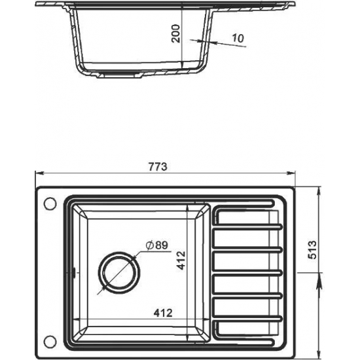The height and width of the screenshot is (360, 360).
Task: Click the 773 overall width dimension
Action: pos(158,167)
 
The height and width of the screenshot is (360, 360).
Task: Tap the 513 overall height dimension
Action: pos(312,250)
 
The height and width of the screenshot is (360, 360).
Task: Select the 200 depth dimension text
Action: pos(176,33)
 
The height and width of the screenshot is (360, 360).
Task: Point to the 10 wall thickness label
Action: pos(238,38)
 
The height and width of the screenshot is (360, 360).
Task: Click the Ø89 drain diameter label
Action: pos(157,245)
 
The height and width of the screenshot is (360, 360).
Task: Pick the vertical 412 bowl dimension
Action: pos(181,260)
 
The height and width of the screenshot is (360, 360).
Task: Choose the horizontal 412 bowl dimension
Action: pos(163,313)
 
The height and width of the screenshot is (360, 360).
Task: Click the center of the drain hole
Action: pos(118,272)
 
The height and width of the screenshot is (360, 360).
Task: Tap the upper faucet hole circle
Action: pos(50,204)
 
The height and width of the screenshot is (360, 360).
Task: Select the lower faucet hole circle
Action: pos(50,342)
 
